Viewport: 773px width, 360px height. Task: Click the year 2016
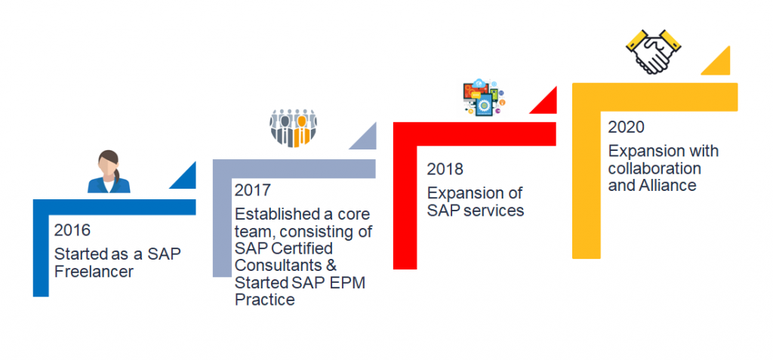pyautogui.click(x=72, y=229)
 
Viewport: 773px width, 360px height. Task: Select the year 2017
pyautogui.click(x=253, y=190)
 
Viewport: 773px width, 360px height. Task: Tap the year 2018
pyautogui.click(x=445, y=169)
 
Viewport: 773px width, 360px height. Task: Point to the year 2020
pyautogui.click(x=626, y=128)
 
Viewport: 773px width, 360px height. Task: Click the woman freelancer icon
pyautogui.click(x=109, y=171)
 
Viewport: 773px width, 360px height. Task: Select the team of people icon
pyautogui.click(x=293, y=128)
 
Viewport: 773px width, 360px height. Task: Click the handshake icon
pyautogui.click(x=653, y=52)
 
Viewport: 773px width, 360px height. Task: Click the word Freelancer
pyautogui.click(x=94, y=272)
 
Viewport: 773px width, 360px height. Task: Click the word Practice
pyautogui.click(x=265, y=300)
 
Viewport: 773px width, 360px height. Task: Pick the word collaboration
pyautogui.click(x=654, y=168)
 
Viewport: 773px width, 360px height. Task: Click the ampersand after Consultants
pyautogui.click(x=331, y=265)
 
